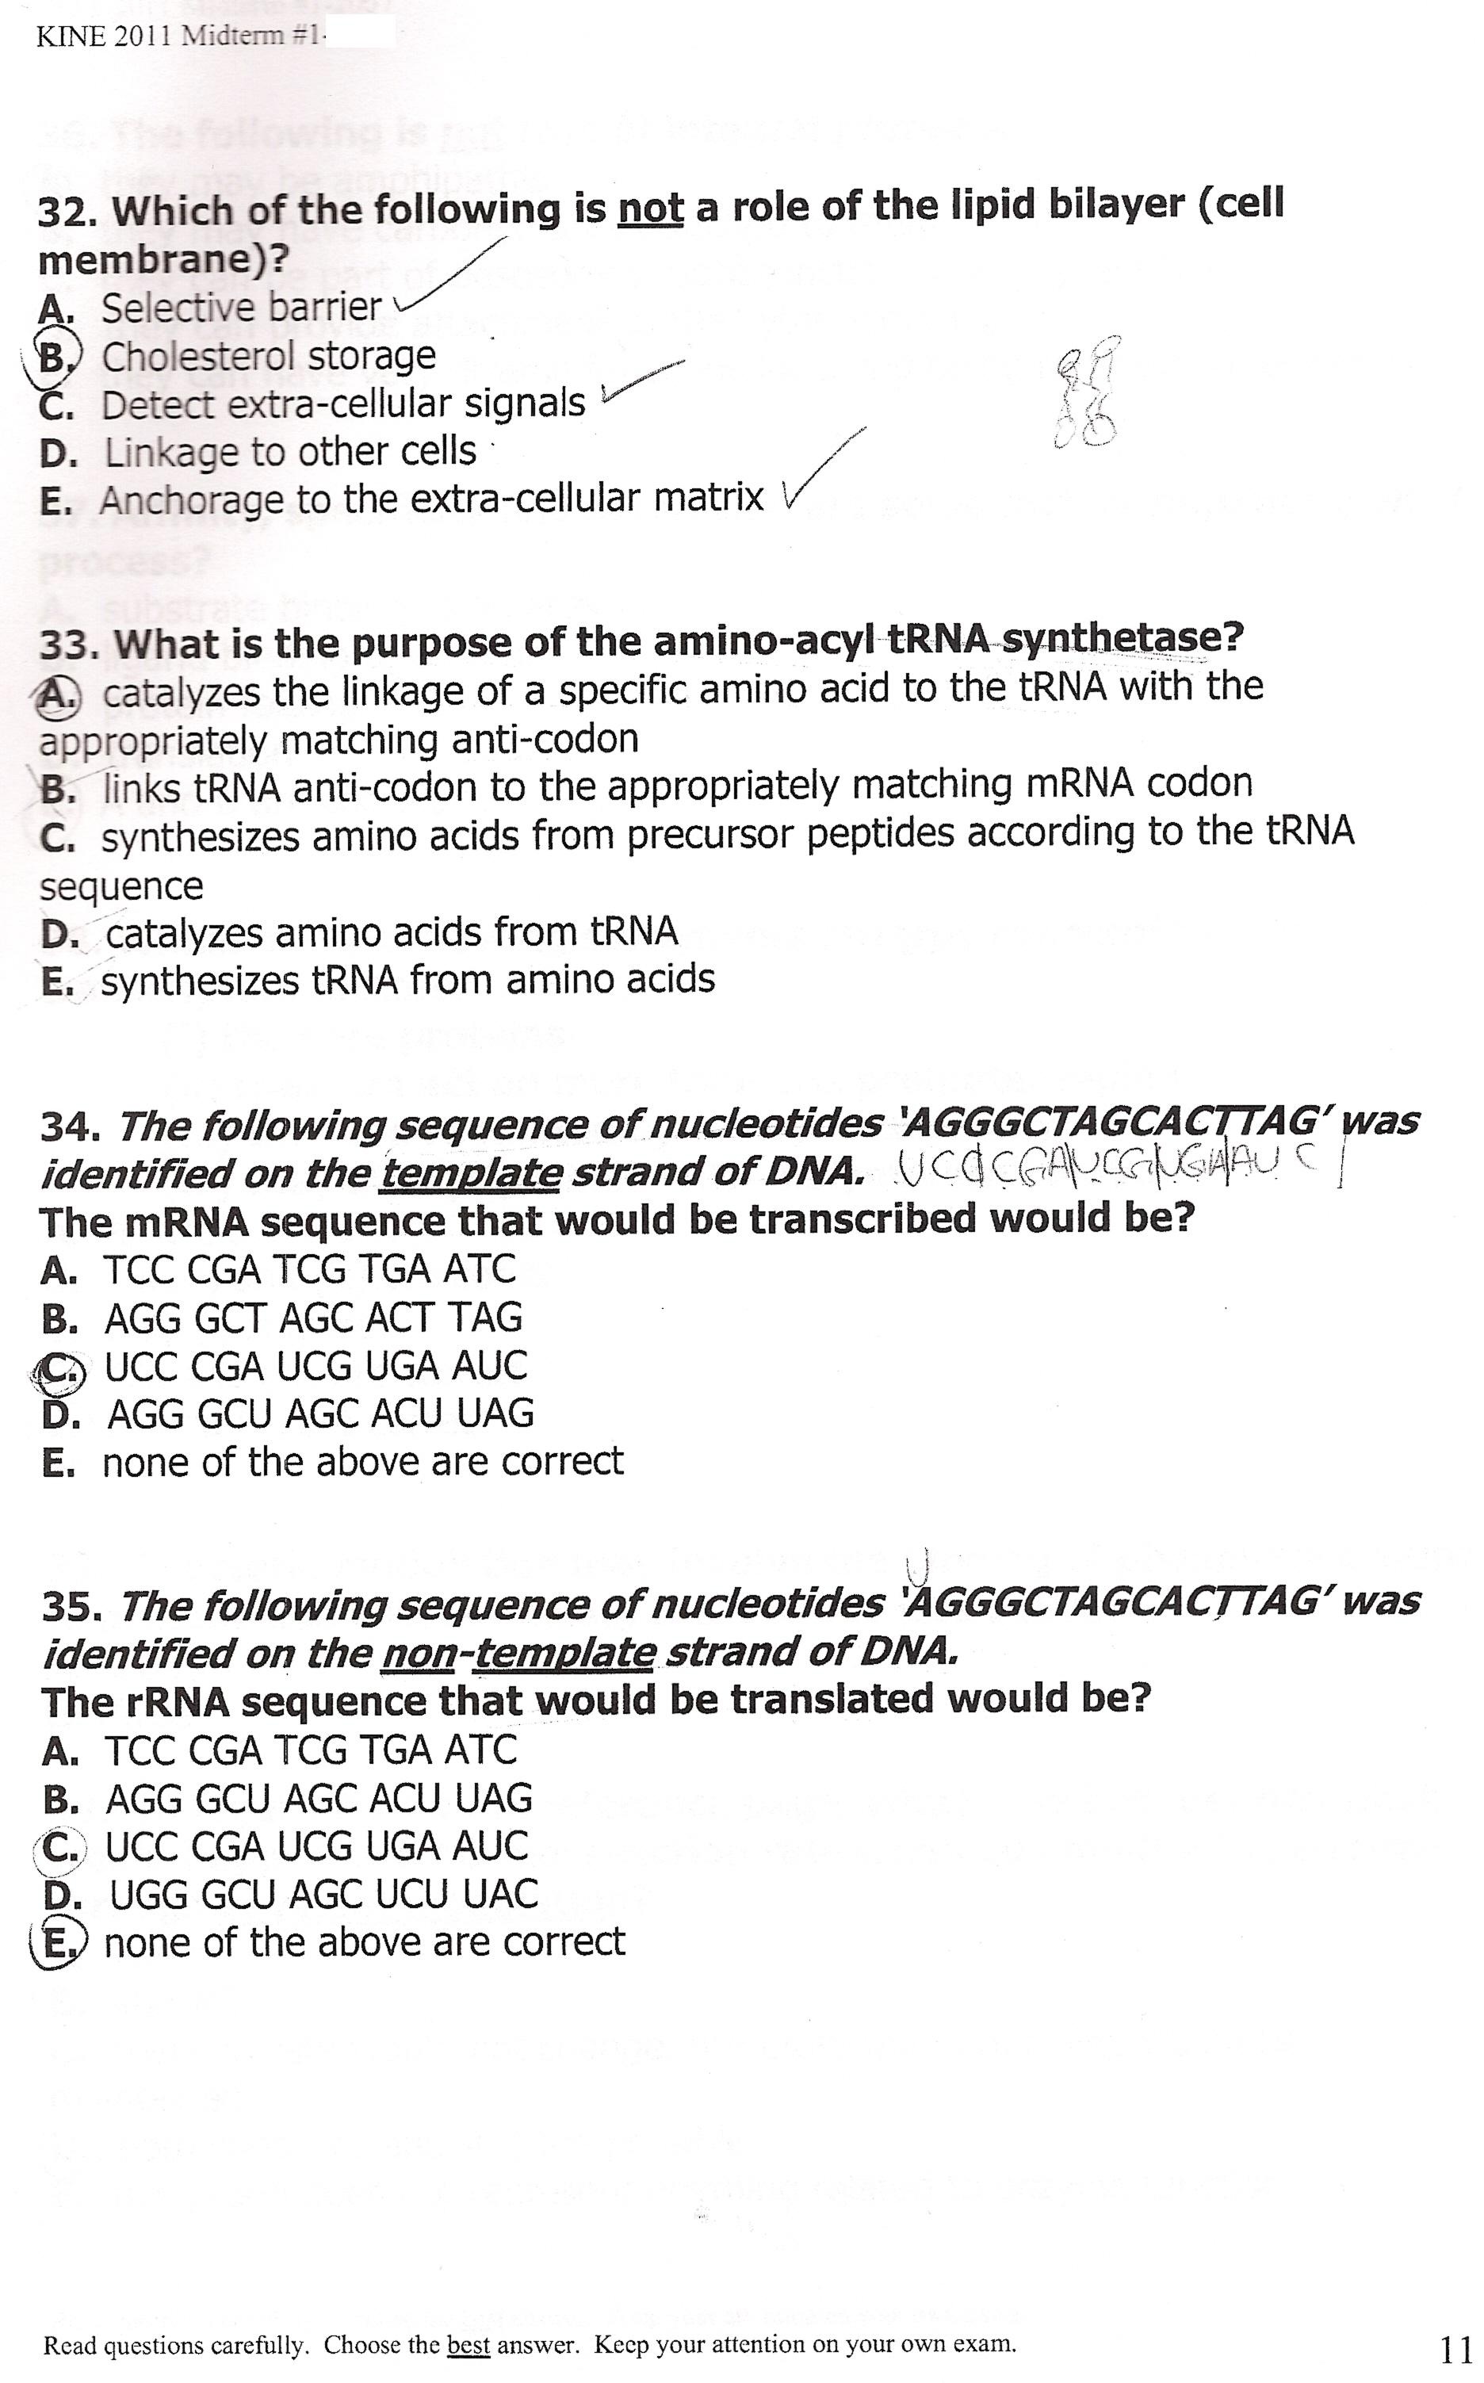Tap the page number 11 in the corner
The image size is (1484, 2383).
pos(1454,2349)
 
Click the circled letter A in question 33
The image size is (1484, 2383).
pos(57,696)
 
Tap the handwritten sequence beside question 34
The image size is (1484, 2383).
pos(1119,1168)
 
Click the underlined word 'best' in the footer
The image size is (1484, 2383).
pos(469,2345)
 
